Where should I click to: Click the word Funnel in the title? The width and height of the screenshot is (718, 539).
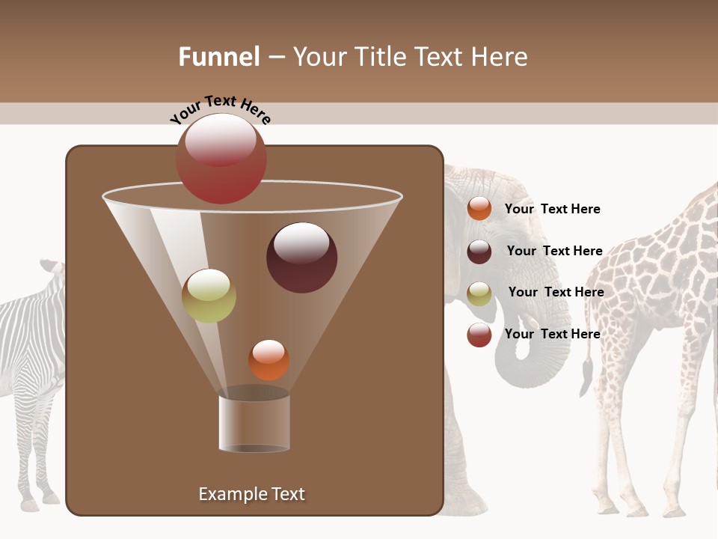tap(218, 57)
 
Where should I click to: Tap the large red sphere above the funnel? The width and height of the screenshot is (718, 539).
tap(221, 158)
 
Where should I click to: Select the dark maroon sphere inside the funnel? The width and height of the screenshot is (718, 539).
tap(301, 258)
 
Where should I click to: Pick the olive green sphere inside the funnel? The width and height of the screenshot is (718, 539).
tap(209, 296)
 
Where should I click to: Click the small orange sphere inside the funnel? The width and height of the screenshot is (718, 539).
tap(269, 360)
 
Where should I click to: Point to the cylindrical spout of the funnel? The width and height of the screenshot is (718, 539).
tap(254, 423)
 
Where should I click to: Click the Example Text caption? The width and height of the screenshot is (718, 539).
tap(251, 494)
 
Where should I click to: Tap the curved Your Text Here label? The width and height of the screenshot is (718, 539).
tap(221, 109)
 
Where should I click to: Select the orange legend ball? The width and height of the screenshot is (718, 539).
tap(479, 209)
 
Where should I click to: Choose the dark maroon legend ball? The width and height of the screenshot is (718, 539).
tap(479, 252)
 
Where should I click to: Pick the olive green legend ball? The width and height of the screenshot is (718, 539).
tap(479, 293)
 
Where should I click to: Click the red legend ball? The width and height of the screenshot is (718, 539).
tap(479, 335)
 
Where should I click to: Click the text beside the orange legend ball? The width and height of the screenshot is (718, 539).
tap(552, 209)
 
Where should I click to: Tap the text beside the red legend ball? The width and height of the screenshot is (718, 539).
tap(552, 334)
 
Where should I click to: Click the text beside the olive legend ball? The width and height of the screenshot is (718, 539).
tap(556, 292)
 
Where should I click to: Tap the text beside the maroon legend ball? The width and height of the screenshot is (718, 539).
tap(554, 251)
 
